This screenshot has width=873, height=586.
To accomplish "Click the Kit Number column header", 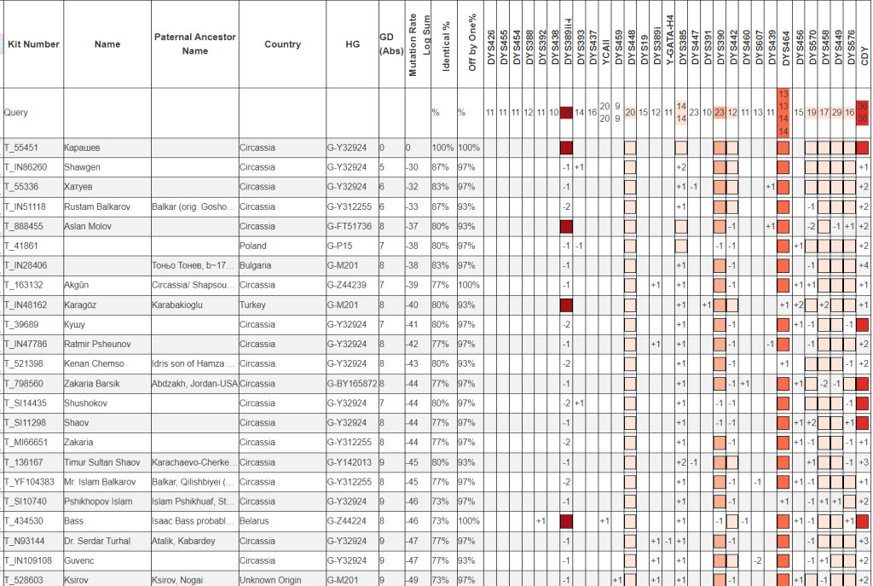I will click(x=33, y=44).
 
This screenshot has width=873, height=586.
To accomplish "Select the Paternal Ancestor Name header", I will click(x=195, y=44).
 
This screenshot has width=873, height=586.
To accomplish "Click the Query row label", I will click(x=16, y=112).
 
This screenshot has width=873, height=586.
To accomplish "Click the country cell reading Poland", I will click(x=253, y=246).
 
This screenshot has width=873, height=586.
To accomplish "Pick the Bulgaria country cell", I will click(x=257, y=265).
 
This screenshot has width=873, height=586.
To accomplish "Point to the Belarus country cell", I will click(x=254, y=520).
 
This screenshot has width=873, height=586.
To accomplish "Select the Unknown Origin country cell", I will click(x=270, y=580).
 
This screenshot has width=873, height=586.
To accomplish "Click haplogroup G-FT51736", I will click(x=350, y=226).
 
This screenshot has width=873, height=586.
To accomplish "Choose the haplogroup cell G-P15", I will click(x=341, y=246).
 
